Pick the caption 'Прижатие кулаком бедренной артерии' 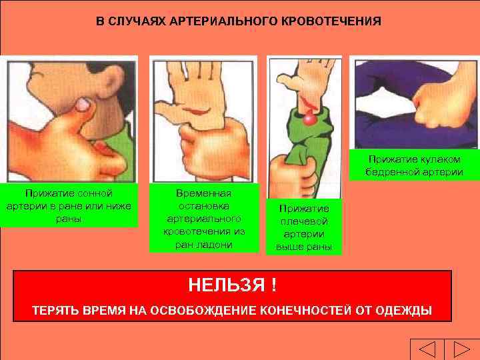click(413, 165)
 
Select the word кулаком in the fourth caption click(443, 159)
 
